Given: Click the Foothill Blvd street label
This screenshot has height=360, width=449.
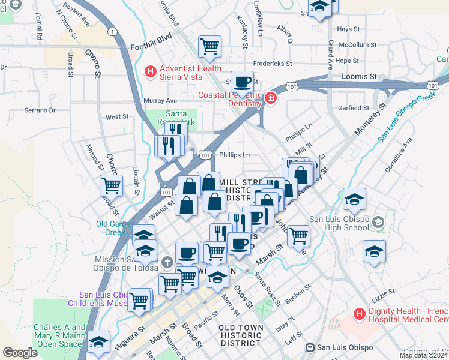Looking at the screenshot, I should (151, 37).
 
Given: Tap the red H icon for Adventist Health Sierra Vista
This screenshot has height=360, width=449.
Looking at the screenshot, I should (150, 72).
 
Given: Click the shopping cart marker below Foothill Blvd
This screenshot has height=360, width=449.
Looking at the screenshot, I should (209, 46).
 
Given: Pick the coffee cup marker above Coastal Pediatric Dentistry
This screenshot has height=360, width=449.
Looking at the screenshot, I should (242, 82).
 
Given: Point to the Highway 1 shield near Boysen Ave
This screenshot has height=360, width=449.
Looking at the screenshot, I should (112, 31).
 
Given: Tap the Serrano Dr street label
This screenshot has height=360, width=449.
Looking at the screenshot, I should (40, 110).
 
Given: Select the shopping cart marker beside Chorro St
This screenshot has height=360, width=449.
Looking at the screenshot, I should (111, 185).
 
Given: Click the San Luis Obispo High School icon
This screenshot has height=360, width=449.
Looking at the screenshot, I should (377, 223).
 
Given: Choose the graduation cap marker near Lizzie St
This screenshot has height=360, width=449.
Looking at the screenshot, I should (374, 251).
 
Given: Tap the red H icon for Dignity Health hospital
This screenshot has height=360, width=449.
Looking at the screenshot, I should (359, 313).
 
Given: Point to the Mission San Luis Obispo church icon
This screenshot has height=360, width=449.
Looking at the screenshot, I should (167, 262).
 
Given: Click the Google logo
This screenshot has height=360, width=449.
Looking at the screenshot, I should (20, 352).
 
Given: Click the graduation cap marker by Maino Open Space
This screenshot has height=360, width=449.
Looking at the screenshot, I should (98, 341).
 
